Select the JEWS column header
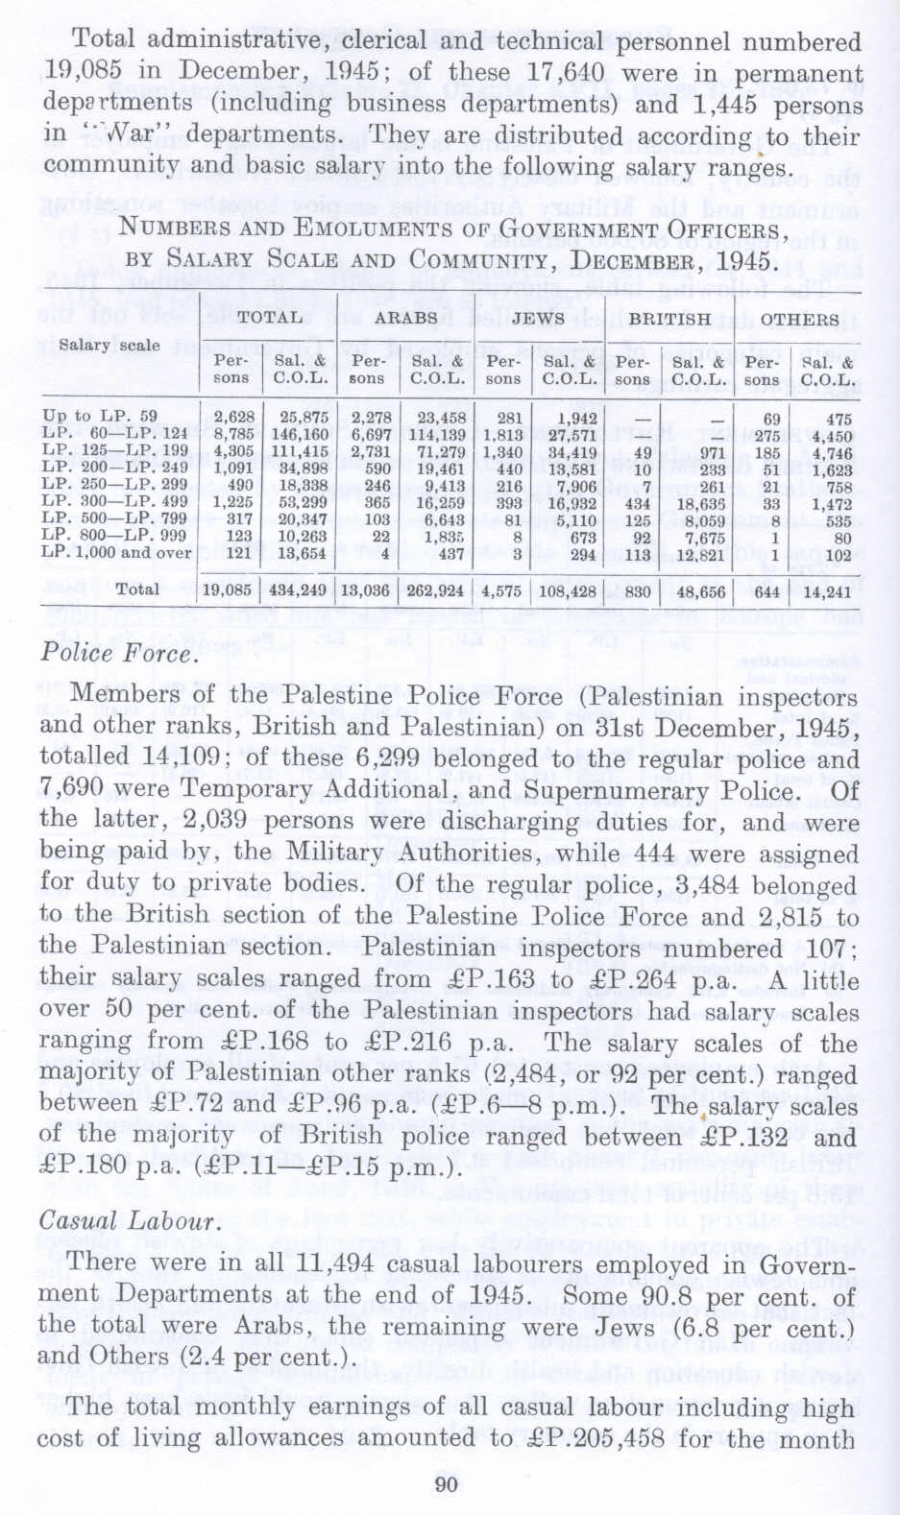[538, 318]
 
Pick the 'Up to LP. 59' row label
[100, 417]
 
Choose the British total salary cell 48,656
[700, 591]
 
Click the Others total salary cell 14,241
[827, 591]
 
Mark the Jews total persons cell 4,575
[501, 590]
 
